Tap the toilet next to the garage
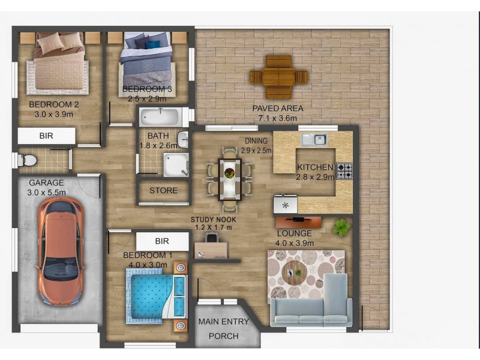coord(27,160)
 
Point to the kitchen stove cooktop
coord(344,171)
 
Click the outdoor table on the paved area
coord(278,77)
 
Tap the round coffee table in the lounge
coord(294,272)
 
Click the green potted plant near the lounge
coord(341,227)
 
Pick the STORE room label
coord(163,191)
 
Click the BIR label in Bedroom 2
coord(46,136)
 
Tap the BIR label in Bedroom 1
coord(162,241)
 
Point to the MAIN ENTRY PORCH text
coord(223,329)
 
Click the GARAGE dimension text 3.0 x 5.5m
coord(46,192)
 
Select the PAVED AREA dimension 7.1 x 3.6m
coord(278,119)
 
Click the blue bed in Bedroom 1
coord(153,294)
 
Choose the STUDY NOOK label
coord(213,220)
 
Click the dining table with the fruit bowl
coord(229,177)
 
